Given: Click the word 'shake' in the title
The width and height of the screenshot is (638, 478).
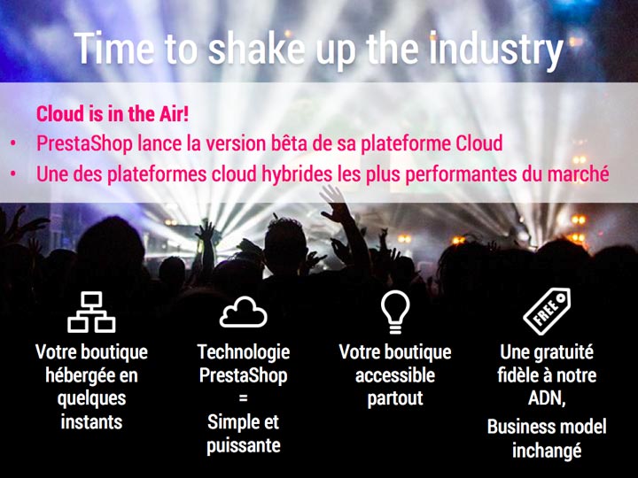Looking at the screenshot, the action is pos(256,49).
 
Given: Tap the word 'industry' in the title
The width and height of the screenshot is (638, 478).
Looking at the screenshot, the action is pos(496,50).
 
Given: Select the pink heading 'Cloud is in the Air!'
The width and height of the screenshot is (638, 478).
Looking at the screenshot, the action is pos(113,113).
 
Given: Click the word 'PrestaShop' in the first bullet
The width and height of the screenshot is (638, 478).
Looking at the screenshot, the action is pos(85,143).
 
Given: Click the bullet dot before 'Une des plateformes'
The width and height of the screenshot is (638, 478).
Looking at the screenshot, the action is pos(13,174).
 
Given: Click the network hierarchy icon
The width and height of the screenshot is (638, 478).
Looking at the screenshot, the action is pos(91,312).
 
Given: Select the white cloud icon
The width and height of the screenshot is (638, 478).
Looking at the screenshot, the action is pos(244,312).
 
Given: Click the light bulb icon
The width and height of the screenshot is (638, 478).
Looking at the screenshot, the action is pos(395,312).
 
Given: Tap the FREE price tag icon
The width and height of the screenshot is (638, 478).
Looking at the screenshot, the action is pos(547,312).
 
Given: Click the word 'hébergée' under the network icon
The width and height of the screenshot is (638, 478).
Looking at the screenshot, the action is pos(76,375).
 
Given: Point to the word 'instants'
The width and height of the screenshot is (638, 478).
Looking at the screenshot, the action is pos(91,422).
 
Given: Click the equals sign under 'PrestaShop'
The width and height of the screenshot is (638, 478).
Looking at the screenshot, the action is pos(244,398).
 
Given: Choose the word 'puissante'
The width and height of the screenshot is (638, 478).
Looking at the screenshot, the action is pos(244,446).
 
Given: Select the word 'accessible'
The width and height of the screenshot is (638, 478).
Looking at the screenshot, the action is pos(395,375).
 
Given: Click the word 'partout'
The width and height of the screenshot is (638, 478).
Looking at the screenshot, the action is pos(395,399).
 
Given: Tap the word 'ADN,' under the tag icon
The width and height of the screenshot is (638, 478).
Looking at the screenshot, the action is pos(547,398).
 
